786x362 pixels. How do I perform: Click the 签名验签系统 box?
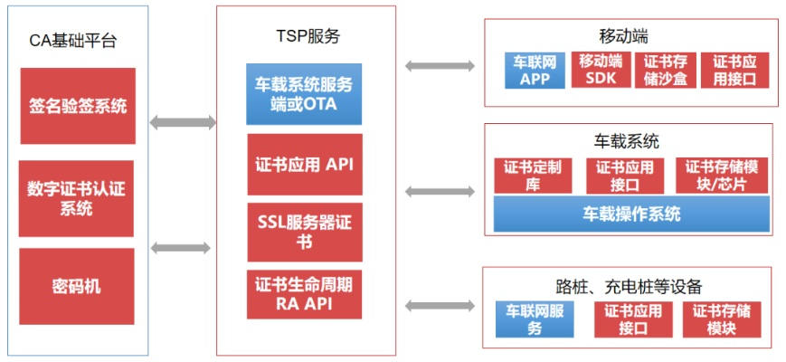(77, 106)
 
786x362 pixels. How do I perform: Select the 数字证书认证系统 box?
(77, 198)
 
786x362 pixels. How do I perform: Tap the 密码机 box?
(77, 287)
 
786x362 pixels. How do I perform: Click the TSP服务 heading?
(307, 36)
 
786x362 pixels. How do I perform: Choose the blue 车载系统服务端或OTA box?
(304, 94)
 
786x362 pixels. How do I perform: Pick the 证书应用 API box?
(304, 165)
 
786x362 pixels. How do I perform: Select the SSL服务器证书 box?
(304, 233)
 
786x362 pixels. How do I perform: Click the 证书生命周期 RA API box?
(304, 294)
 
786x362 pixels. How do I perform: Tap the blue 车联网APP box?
(535, 70)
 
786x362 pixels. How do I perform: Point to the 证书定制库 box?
(533, 176)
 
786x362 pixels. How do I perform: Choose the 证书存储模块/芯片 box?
(721, 176)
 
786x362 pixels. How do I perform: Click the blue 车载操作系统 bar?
(631, 214)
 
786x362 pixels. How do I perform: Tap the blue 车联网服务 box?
(535, 319)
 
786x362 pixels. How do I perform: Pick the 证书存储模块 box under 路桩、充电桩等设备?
(723, 319)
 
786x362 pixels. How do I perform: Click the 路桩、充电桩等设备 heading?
(630, 286)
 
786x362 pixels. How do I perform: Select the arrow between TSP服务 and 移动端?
(440, 65)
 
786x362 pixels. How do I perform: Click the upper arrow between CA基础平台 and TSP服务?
(183, 122)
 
